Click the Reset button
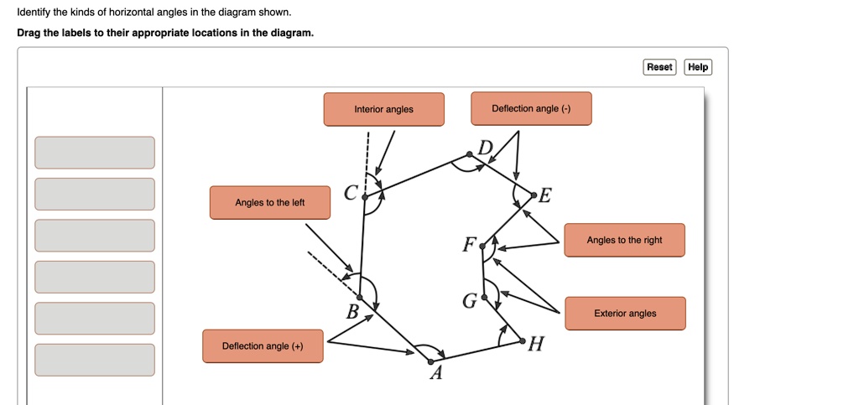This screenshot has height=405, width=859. [x=659, y=67]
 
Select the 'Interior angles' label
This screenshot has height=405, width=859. [x=383, y=109]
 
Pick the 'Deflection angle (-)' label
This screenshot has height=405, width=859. [x=531, y=108]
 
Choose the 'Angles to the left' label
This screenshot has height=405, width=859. [x=269, y=202]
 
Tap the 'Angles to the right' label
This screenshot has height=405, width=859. [x=624, y=240]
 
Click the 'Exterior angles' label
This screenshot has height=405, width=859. [x=625, y=313]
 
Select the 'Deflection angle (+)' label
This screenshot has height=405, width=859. [x=263, y=345]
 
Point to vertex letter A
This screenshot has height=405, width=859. [x=435, y=374]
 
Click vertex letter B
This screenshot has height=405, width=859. [x=353, y=313]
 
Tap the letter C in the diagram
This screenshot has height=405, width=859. [x=351, y=193]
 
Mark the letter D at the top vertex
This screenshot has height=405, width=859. [x=485, y=148]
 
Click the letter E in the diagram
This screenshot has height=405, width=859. [x=545, y=196]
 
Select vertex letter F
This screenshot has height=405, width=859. [x=469, y=245]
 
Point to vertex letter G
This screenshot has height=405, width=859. [x=469, y=301]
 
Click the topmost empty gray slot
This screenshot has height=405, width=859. [x=95, y=153]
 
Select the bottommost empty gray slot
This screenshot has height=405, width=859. [x=95, y=360]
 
